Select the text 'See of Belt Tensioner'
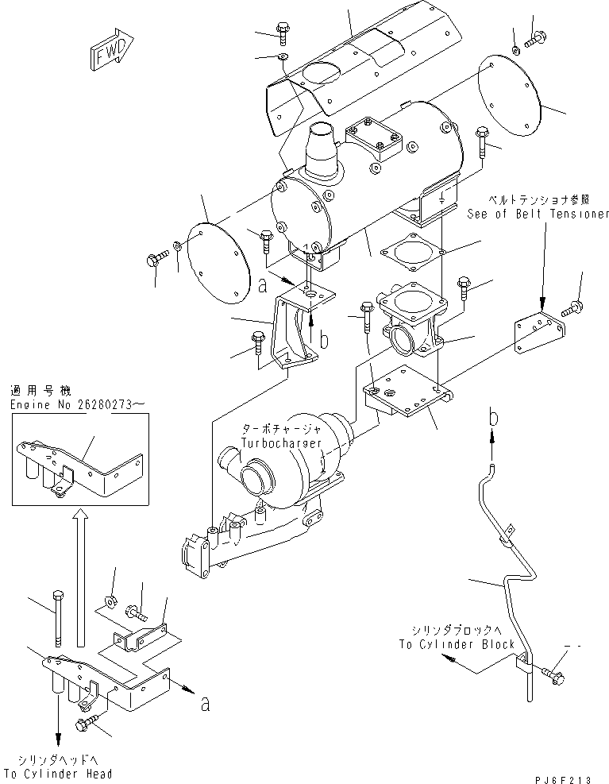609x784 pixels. pos(537,214)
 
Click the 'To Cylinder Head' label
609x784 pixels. pos(58,773)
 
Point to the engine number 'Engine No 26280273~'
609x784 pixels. pos(78,404)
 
